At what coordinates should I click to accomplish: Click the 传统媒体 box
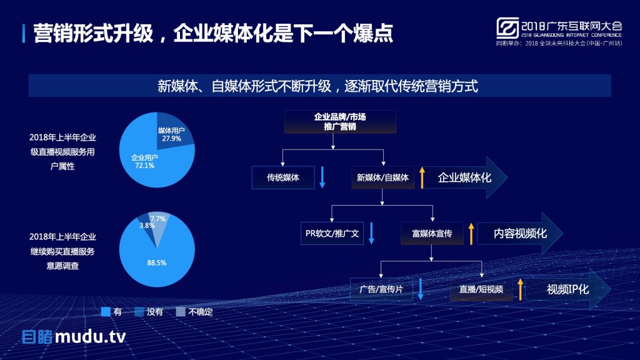tap(283, 177)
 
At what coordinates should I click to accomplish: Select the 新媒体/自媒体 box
tap(382, 177)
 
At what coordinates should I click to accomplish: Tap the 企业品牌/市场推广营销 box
tap(340, 122)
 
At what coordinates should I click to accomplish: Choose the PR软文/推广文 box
tap(332, 234)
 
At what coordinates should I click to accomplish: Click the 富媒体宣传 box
tap(432, 234)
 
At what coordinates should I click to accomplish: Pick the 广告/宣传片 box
tap(381, 289)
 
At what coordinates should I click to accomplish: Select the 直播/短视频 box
tap(481, 289)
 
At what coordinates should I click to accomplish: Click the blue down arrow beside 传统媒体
tap(322, 177)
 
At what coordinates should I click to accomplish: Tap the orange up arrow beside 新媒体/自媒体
tap(422, 177)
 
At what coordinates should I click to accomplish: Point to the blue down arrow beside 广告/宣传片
tap(421, 289)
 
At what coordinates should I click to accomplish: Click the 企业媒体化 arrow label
tap(465, 177)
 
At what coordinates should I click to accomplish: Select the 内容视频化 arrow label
tap(520, 234)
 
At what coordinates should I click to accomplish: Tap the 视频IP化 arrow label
tap(568, 289)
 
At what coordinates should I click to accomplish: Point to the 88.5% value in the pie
tap(157, 263)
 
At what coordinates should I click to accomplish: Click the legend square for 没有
tap(139, 312)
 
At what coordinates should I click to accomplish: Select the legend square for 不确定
tap(181, 312)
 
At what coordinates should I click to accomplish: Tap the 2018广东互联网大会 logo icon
tap(507, 27)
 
